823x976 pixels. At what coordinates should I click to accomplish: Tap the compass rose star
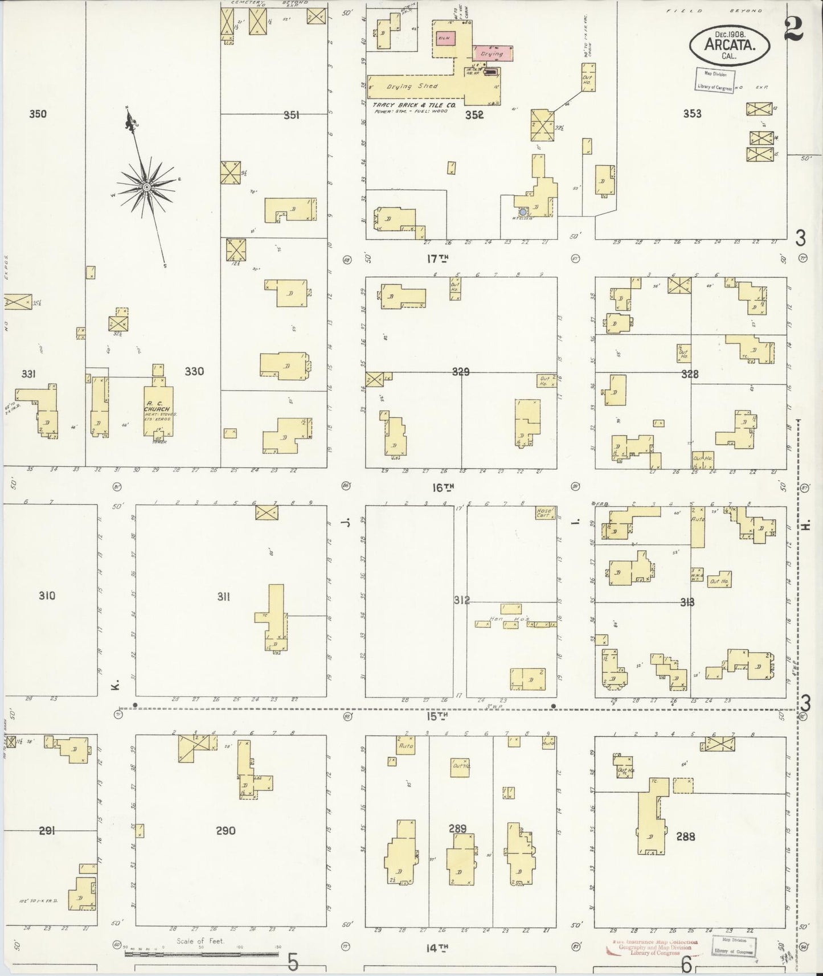coord(147,187)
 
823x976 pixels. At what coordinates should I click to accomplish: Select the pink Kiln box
coord(445,38)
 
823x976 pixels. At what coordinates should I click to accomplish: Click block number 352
coord(474,114)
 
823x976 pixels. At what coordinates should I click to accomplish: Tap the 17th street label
coord(437,259)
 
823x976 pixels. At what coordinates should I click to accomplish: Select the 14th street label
coord(437,948)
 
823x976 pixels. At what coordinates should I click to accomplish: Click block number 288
coord(685,837)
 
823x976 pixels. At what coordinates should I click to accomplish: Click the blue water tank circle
coord(522,212)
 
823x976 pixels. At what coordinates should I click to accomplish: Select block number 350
coord(38,114)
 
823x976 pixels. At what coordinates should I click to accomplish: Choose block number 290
coord(226,831)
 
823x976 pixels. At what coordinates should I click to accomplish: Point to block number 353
coord(692,114)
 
